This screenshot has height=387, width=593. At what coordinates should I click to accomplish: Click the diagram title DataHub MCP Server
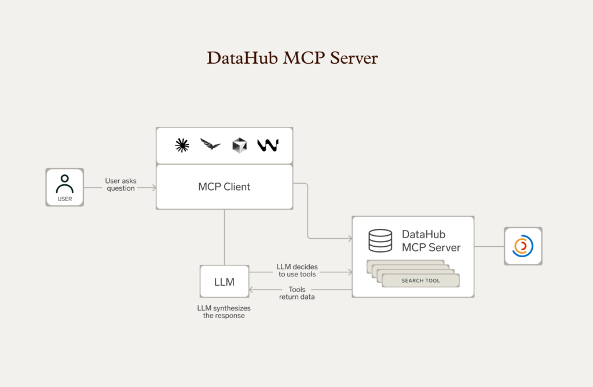coord(292,59)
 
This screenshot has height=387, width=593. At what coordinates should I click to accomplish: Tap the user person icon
coord(65,184)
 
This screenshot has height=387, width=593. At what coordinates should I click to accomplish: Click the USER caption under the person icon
coord(65,199)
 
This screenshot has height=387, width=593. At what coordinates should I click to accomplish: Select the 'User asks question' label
coord(120,184)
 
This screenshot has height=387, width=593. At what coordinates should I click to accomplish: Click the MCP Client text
coord(224,187)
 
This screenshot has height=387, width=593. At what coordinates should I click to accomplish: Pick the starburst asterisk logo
coord(182,145)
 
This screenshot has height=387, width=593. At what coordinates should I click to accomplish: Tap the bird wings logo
coord(210,145)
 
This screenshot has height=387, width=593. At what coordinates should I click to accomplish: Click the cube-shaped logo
coord(239,145)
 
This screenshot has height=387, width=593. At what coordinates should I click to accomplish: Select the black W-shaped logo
coord(268,145)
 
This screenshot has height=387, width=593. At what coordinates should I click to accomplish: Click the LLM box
coord(224,282)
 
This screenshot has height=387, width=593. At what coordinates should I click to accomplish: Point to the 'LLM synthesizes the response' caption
coord(224,312)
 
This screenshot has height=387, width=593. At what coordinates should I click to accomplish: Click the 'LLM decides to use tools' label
coord(298,271)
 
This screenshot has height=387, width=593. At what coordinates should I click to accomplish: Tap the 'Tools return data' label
coord(297,293)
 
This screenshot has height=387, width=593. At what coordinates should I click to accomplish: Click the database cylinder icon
coord(380,240)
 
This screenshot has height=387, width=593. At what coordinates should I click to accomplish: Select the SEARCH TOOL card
coord(420,280)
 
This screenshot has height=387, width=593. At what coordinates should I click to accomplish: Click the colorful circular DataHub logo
coord(523,246)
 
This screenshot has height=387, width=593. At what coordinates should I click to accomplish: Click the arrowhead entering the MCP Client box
coord(153,187)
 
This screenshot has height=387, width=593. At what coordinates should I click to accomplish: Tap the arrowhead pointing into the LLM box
coord(251,290)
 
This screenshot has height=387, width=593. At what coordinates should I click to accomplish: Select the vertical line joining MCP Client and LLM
coord(224,238)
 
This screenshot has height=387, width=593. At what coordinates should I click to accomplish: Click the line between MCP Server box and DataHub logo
coord(489,246)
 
